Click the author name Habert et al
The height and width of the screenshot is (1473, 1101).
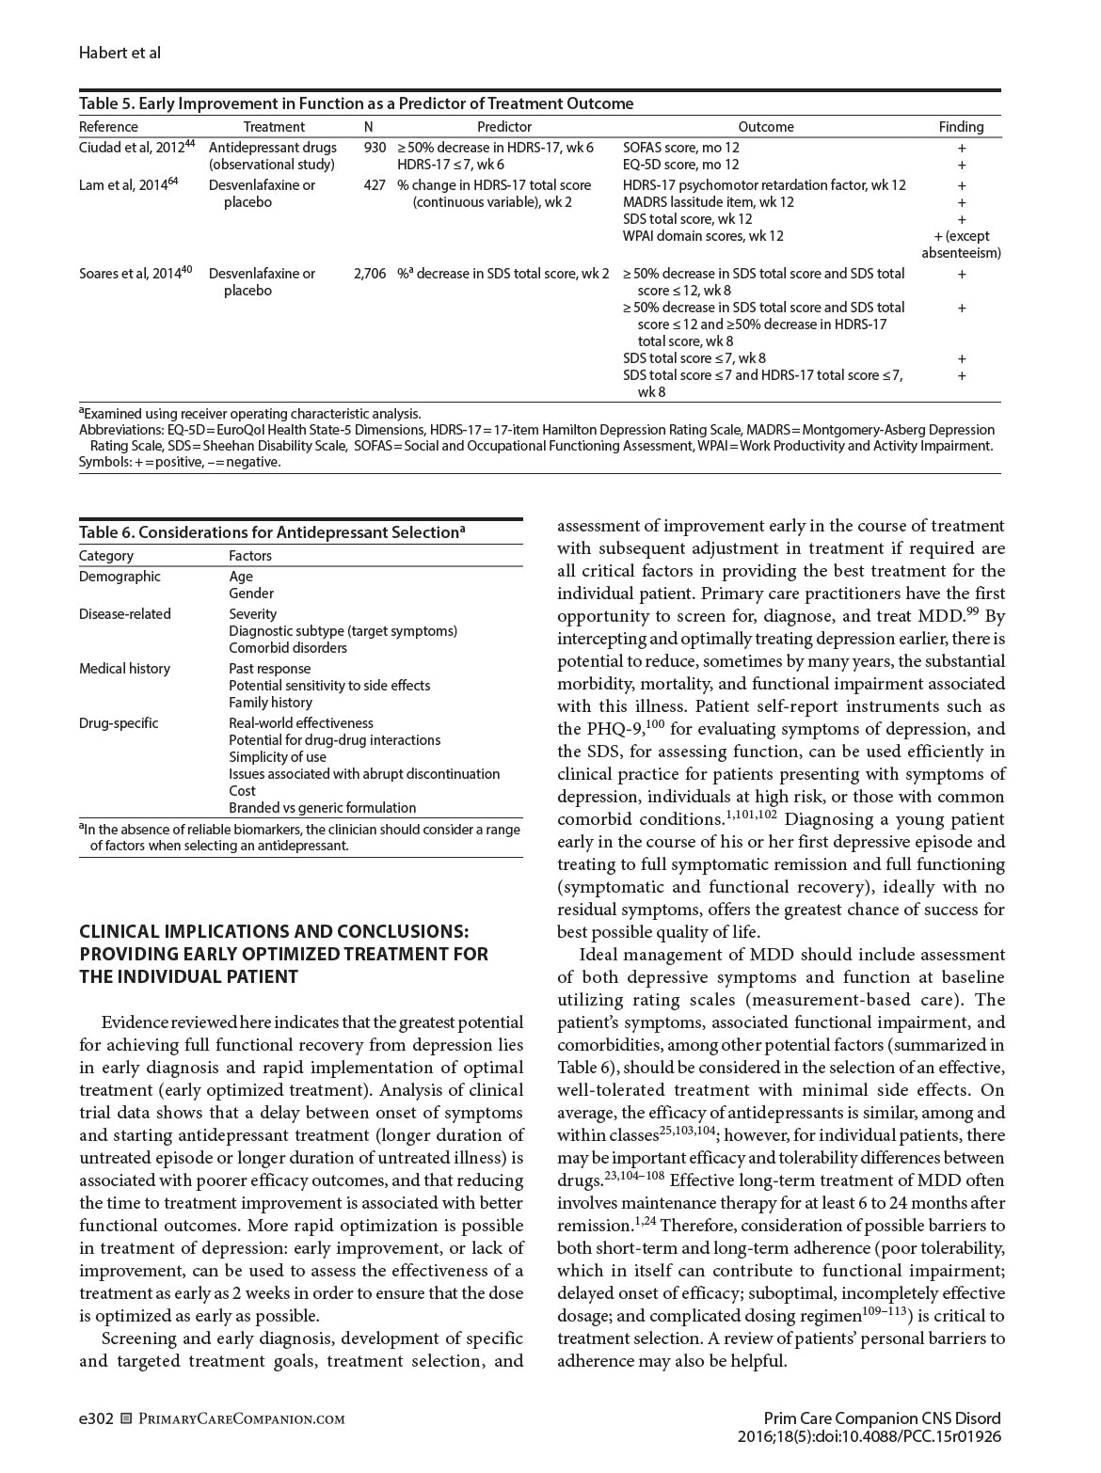(120, 53)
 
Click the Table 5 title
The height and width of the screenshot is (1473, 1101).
(356, 103)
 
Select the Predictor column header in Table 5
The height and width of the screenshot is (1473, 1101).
(504, 127)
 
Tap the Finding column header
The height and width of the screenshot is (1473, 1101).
(961, 127)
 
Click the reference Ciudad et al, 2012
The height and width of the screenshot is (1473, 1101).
(136, 148)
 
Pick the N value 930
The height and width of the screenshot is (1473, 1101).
(375, 148)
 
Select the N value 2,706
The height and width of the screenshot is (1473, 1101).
(370, 274)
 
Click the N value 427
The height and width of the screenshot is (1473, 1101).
(375, 185)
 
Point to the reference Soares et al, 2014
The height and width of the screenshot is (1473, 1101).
(136, 274)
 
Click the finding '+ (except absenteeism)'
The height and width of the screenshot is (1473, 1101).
(961, 245)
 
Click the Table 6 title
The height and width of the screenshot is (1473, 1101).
(272, 532)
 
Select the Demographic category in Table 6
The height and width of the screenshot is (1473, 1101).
(120, 577)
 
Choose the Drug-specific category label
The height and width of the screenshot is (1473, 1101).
(119, 723)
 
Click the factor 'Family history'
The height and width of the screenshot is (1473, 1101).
(270, 703)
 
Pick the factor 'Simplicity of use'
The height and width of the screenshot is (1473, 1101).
(278, 757)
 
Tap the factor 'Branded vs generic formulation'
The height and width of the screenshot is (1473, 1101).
(322, 808)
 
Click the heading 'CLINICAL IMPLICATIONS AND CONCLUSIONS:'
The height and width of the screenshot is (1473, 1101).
(274, 931)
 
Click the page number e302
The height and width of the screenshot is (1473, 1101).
(96, 1418)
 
